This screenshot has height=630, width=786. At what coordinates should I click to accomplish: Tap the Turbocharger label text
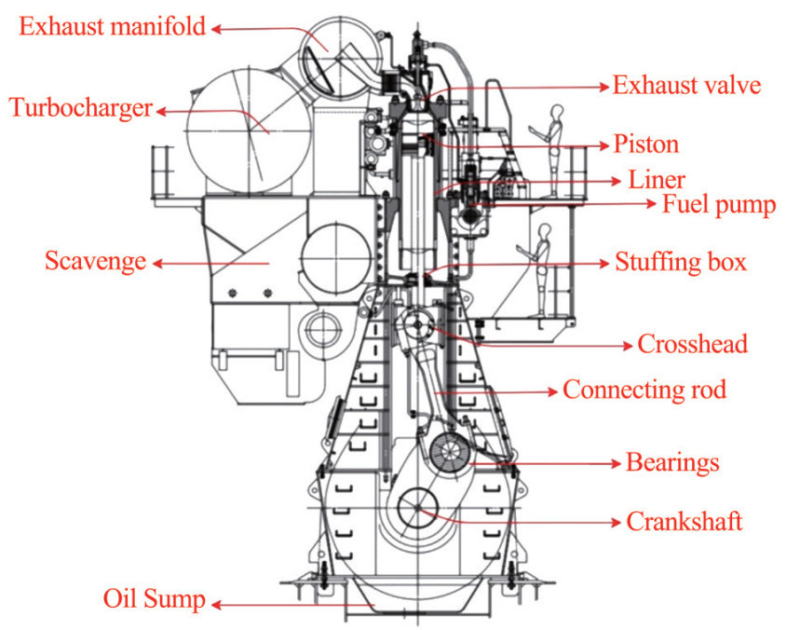point(80,107)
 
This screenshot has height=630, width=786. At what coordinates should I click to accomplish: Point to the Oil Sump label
point(154,599)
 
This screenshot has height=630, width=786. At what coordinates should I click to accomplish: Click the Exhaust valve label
point(686,87)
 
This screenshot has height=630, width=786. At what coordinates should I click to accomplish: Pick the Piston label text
point(645,145)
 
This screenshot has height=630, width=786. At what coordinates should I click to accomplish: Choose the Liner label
point(657,179)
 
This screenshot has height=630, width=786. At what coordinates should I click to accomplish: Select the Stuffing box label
point(680,262)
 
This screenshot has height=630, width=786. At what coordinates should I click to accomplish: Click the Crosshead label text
point(692,344)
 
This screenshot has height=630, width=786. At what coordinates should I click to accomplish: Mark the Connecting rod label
point(644,389)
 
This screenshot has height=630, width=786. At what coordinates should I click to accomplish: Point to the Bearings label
point(672,462)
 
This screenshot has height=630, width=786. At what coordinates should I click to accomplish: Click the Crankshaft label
point(684,521)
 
